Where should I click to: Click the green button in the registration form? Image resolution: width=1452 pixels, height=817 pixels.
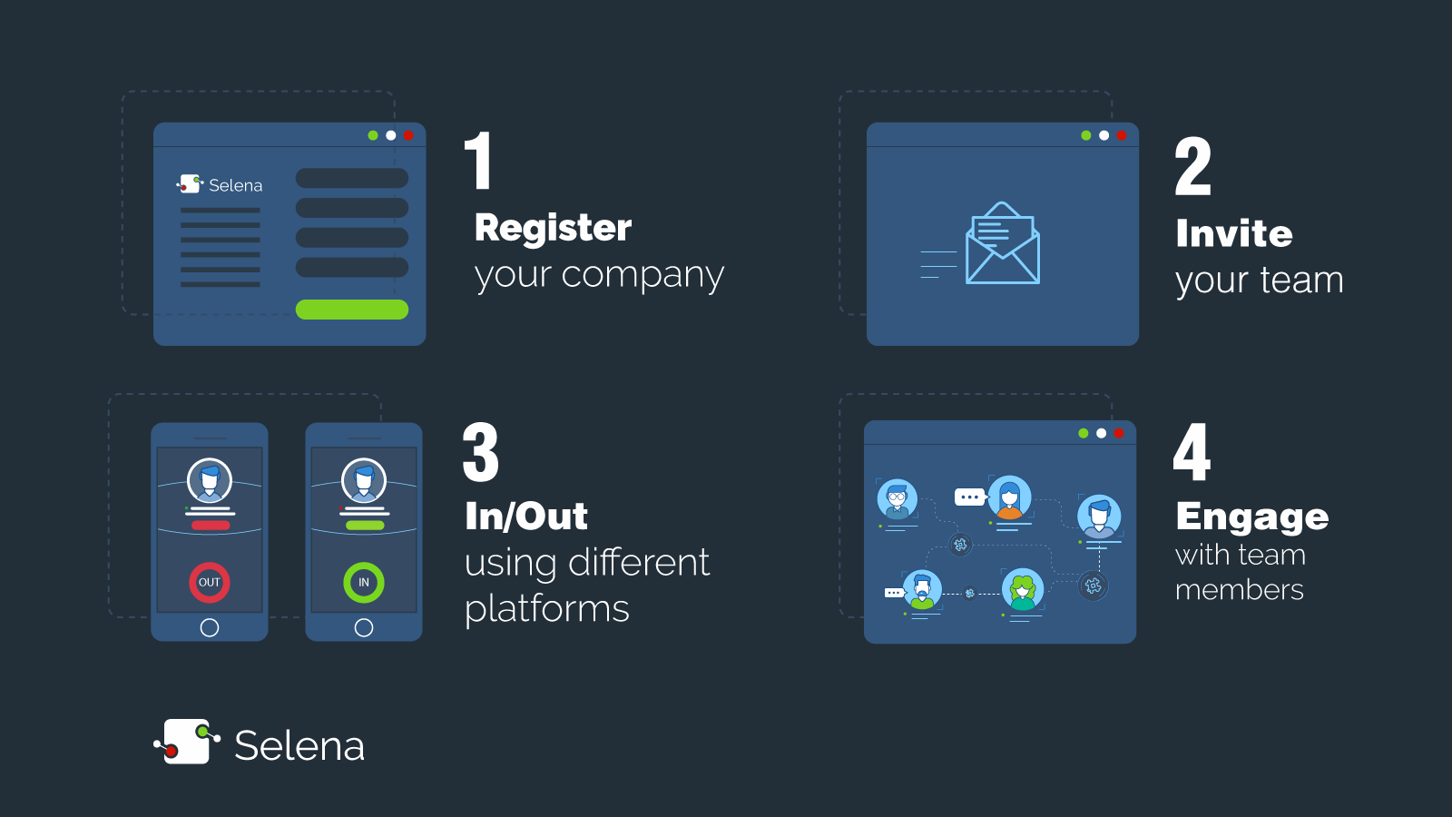coord(352,310)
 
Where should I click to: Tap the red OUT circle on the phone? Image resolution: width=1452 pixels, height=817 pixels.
coord(210,582)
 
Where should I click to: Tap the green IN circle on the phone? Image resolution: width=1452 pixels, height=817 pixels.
coord(364,582)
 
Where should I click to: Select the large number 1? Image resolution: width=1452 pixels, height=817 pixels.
coord(478,161)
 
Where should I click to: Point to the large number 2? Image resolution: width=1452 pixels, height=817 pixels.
coord(1192,167)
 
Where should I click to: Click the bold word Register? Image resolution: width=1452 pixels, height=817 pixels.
coord(553,228)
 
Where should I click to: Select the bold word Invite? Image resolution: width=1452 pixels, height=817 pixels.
coord(1234,233)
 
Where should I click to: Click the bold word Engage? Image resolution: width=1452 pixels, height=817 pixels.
coord(1252,517)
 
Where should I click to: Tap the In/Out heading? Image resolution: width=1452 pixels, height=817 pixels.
coord(526,517)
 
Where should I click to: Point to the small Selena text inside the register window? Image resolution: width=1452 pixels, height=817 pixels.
coord(235,185)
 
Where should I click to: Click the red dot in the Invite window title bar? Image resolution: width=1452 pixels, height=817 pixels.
coord(1122,135)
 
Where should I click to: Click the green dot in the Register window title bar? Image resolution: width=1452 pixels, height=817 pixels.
coord(373,135)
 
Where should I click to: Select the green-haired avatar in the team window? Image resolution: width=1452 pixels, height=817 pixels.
coord(1023,589)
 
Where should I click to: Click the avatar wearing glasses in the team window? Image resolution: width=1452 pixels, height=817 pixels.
coord(898,498)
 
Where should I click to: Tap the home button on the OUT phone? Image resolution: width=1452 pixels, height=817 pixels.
coord(210,627)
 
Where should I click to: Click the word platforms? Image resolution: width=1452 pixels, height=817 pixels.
coord(546,608)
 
